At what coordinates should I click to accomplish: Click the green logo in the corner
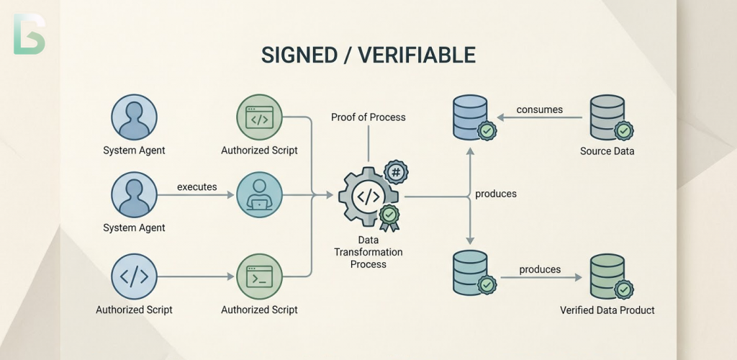(x=29, y=33)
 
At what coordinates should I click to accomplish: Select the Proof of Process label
(x=368, y=117)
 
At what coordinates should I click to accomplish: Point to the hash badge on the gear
(x=395, y=172)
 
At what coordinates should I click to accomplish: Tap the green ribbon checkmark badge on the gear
(x=389, y=216)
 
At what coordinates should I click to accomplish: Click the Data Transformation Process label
(x=368, y=253)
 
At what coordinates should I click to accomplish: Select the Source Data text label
(x=606, y=151)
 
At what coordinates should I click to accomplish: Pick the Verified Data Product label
(x=607, y=310)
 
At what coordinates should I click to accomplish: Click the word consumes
(x=539, y=110)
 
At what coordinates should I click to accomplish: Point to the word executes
(x=196, y=186)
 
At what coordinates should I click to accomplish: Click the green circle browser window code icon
(x=259, y=118)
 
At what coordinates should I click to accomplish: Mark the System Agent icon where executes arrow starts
(x=134, y=195)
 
